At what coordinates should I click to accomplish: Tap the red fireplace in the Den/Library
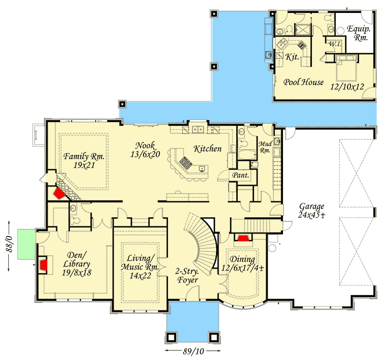pos(43,264)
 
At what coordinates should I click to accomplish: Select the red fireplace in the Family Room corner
pos(59,193)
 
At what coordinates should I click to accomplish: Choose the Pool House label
pos(303,82)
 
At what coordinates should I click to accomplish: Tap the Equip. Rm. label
pos(358,32)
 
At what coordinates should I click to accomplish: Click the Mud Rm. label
pos(266,147)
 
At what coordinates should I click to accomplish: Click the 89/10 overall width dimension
pos(192,351)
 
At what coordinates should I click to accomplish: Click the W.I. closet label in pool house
pos(335,44)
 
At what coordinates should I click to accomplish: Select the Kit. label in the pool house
pos(292,57)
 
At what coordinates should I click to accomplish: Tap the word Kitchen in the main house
pos(207,149)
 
